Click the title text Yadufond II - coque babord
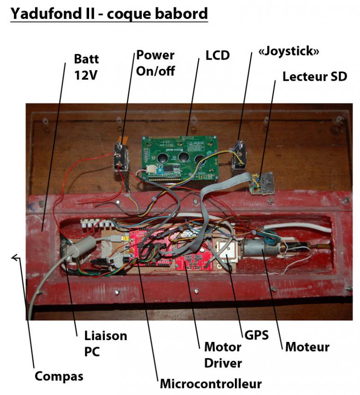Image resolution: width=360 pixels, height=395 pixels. coord(109,14)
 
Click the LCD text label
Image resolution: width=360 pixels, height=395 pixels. coord(217,55)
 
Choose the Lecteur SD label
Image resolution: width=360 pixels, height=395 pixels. coord(315,76)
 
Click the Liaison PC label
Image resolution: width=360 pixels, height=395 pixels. coord(105,343)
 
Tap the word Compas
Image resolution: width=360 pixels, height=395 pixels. coord(59,376)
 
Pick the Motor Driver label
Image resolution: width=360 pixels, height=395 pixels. coord(223,354)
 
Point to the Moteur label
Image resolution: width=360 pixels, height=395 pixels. coord(307,347)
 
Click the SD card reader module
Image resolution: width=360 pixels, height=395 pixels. coord(263,183)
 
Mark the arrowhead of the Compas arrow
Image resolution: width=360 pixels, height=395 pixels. coord(15,258)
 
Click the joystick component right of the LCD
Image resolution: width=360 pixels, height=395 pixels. coord(238,155)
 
